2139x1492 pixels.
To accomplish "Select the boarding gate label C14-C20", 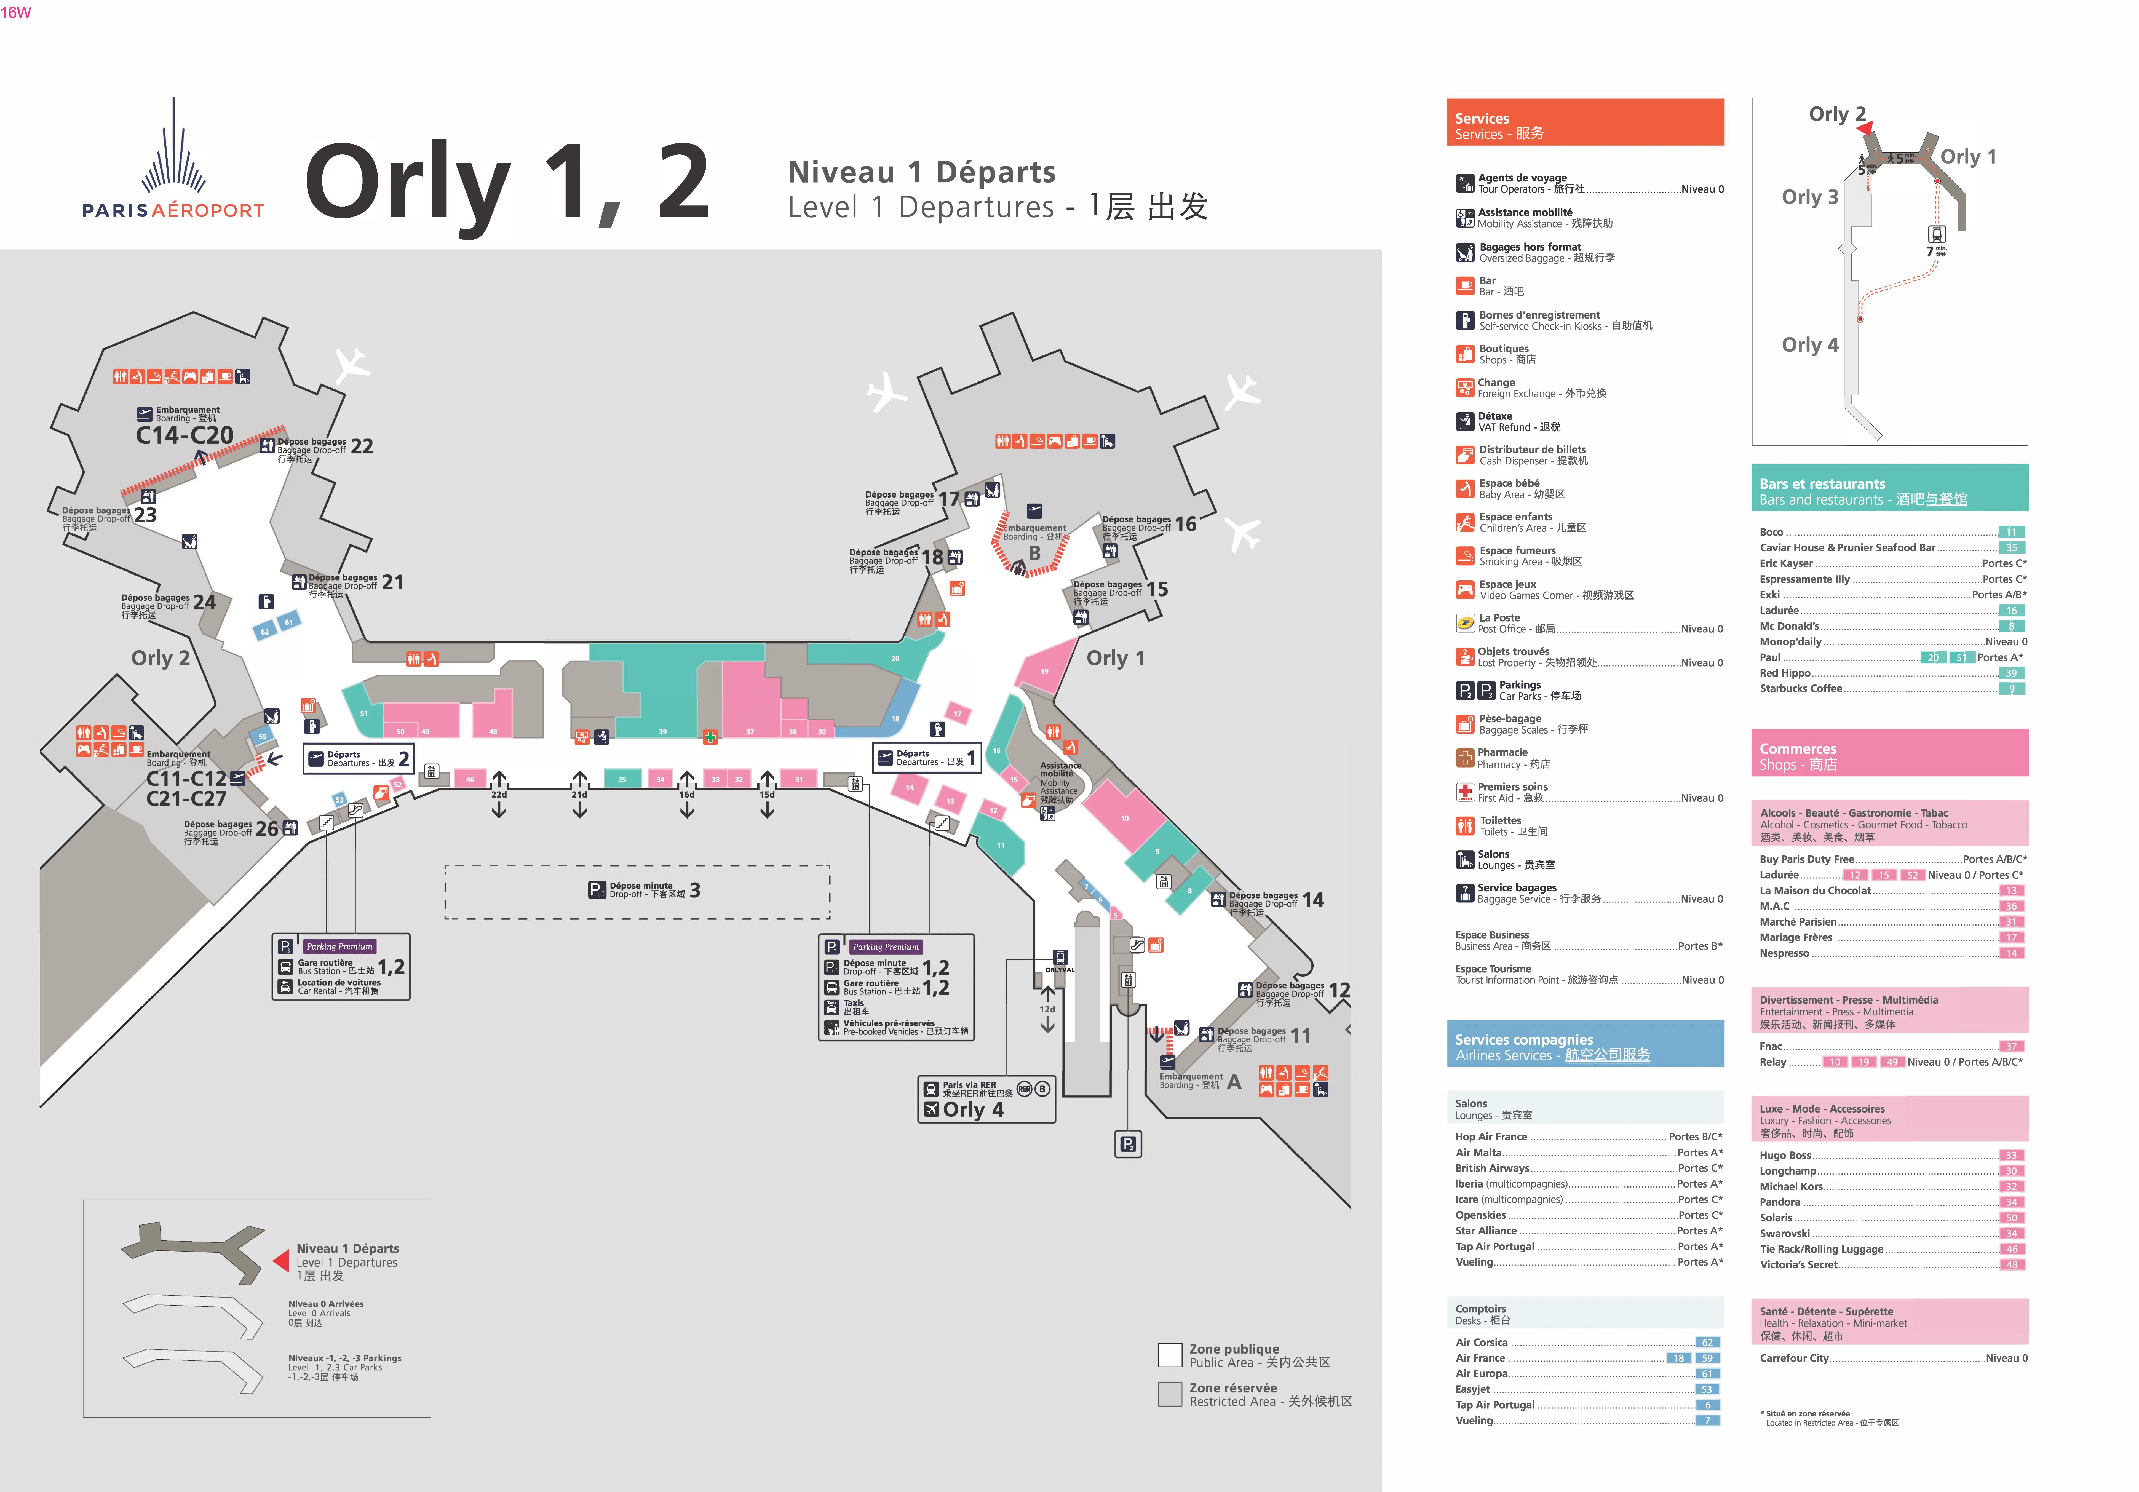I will pyautogui.click(x=185, y=435).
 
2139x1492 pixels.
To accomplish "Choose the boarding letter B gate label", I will pyautogui.click(x=1034, y=553).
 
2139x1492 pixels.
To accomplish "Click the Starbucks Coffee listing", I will pyautogui.click(x=1800, y=688).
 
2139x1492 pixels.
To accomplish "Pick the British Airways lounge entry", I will pyautogui.click(x=1493, y=1168).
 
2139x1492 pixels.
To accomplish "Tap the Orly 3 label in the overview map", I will pyautogui.click(x=1809, y=197).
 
